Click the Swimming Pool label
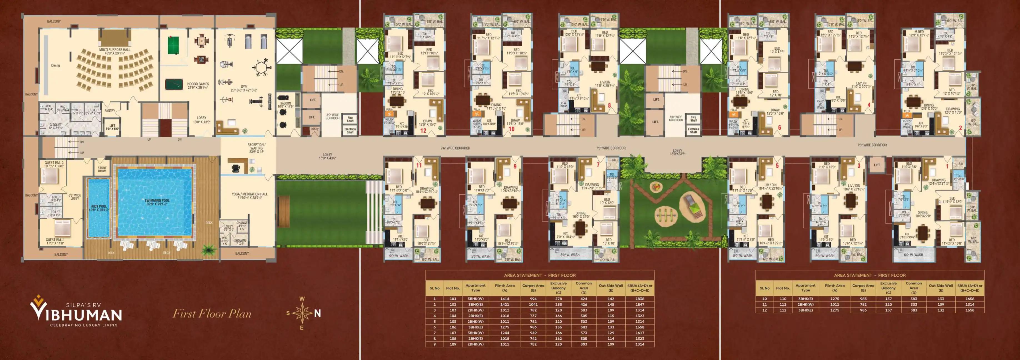click(157, 202)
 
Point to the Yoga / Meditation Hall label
click(249, 196)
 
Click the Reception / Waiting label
click(256, 148)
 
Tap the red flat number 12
click(423, 130)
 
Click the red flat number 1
click(947, 166)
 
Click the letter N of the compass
click(317, 313)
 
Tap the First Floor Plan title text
click(212, 314)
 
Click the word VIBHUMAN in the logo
click(76, 315)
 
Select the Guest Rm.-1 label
click(55, 241)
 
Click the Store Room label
click(102, 169)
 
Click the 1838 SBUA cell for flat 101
click(640, 299)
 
